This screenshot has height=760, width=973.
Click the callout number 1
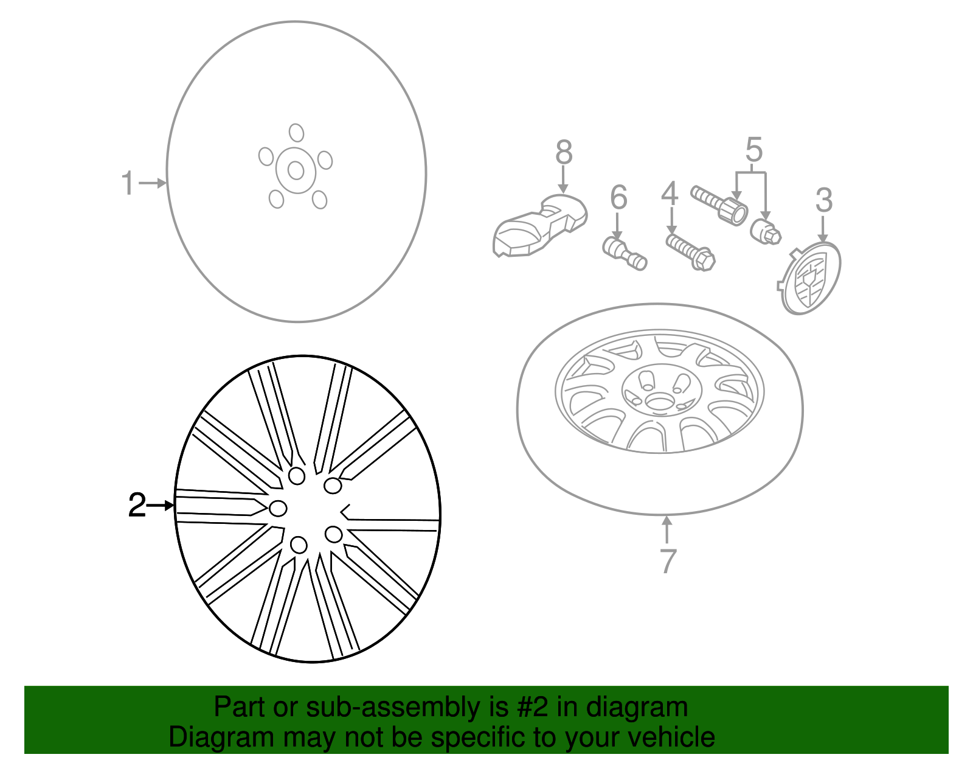pos(127,183)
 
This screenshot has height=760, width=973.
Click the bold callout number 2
pos(137,505)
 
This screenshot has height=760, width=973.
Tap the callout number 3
pos(823,200)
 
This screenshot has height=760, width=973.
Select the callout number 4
pos(670,193)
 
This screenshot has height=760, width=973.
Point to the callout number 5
pos(753,150)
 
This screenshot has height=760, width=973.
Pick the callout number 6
pos(618,197)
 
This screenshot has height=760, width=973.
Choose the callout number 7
pos(668,561)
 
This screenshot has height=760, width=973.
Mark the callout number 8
pos(564,152)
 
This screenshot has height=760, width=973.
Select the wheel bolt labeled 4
pos(691,252)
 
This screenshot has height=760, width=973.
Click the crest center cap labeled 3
pos(811,277)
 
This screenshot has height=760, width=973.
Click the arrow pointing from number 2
pos(161,505)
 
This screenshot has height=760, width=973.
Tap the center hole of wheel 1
pos(296,170)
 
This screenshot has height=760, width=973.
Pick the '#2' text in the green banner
pos(532,707)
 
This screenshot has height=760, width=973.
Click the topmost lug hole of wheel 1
pos(296,132)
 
